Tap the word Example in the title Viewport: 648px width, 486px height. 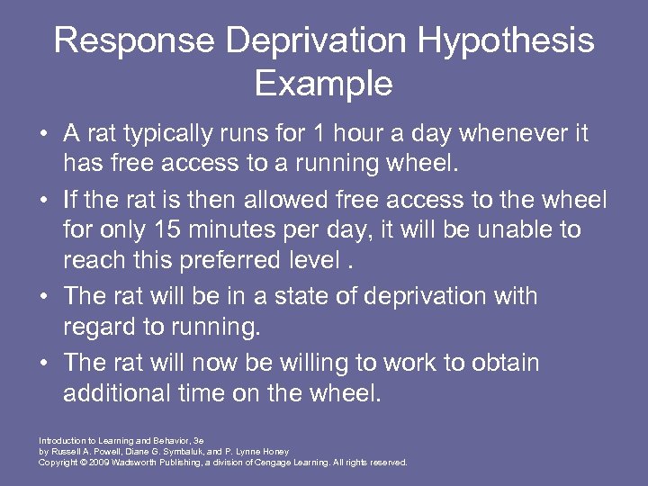pos(323,84)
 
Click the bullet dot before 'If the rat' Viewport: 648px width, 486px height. pos(43,200)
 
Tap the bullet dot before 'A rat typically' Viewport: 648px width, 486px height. pos(43,134)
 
